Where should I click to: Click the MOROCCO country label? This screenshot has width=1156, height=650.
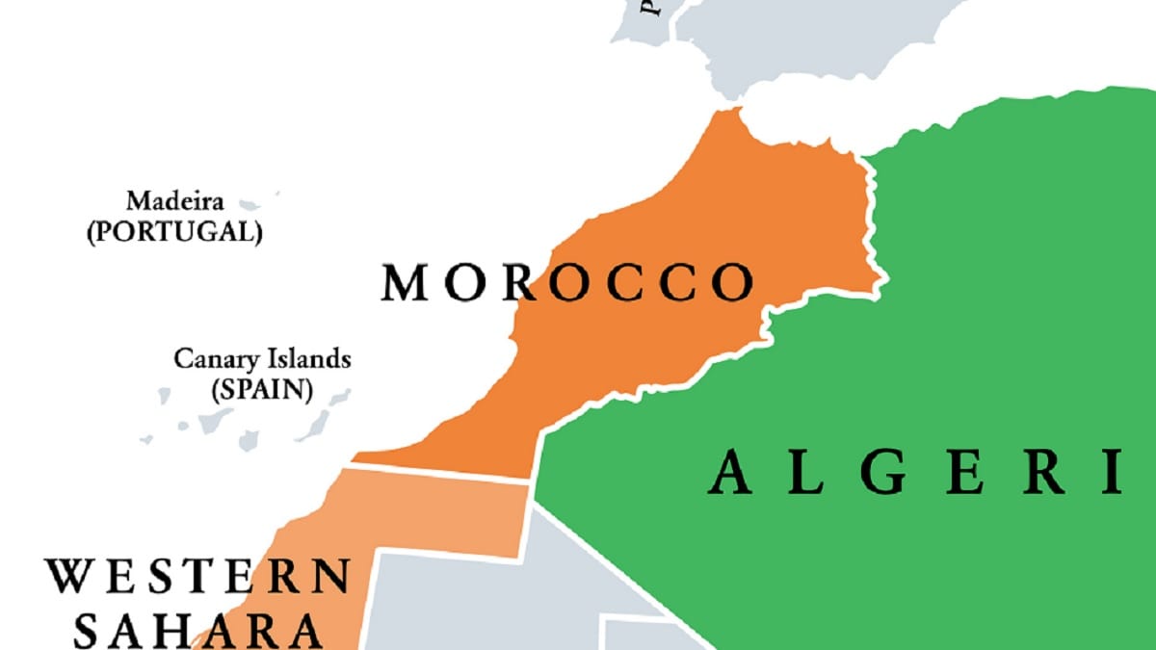pyautogui.click(x=566, y=283)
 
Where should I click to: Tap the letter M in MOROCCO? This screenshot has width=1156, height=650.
pyautogui.click(x=404, y=283)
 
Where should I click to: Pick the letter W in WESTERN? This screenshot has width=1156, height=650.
pyautogui.click(x=68, y=577)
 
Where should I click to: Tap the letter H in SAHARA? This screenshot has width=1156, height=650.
pyautogui.click(x=197, y=631)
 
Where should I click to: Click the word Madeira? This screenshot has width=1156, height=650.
pyautogui.click(x=175, y=202)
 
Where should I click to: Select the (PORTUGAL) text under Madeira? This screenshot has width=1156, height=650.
pyautogui.click(x=174, y=232)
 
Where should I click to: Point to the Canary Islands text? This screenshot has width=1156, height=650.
pyautogui.click(x=262, y=359)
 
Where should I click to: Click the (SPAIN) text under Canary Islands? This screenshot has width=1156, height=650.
pyautogui.click(x=262, y=390)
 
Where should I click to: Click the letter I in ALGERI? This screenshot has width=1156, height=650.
pyautogui.click(x=1114, y=473)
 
